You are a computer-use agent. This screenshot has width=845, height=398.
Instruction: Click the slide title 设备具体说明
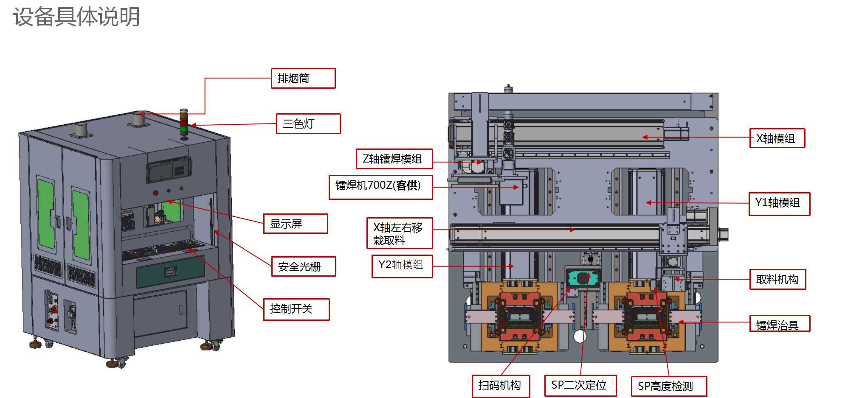pos(76,17)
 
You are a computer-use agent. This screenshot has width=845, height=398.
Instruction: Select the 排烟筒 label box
pos(303,78)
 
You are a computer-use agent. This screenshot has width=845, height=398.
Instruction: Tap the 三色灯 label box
pos(308,124)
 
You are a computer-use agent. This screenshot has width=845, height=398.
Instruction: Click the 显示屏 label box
pos(296,224)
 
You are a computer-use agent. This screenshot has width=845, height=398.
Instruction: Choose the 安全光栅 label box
pos(304,266)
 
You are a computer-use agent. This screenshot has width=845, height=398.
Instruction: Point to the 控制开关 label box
pos(296,309)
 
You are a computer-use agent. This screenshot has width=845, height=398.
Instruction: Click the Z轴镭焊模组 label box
pos(394,159)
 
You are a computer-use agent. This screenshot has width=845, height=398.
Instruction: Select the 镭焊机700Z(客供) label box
pos(380,187)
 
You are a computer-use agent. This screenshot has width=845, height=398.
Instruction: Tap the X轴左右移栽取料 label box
pos(400,233)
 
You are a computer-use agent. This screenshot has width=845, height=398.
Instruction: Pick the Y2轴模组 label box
pos(402,266)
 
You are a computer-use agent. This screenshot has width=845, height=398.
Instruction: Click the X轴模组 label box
pos(777,138)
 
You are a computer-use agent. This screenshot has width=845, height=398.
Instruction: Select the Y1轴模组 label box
pos(779,204)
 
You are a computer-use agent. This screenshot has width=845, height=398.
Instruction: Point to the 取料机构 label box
pos(777,279)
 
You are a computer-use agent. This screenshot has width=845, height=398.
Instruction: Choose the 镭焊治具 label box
pos(779,324)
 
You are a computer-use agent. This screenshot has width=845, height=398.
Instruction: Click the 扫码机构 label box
pos(501,386)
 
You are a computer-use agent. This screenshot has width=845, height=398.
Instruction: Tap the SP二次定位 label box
pos(580,385)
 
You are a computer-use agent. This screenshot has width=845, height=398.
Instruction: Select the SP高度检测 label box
pos(668,386)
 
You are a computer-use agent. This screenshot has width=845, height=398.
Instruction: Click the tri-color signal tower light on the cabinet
pos(184,123)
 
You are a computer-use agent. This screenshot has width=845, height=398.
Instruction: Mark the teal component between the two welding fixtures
pos(583,278)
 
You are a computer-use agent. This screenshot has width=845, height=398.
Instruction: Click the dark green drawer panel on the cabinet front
pos(170,272)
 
